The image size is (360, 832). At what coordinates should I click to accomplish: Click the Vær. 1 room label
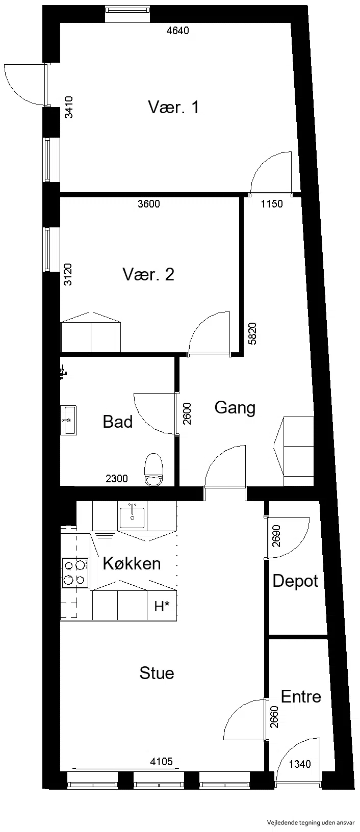pyautogui.click(x=173, y=107)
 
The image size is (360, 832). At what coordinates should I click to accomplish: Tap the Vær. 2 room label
pyautogui.click(x=148, y=274)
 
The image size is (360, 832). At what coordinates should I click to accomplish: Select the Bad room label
pyautogui.click(x=117, y=422)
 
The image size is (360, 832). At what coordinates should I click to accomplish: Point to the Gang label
pyautogui.click(x=235, y=408)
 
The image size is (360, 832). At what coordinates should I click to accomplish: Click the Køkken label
pyautogui.click(x=132, y=563)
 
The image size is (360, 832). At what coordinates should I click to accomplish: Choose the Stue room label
pyautogui.click(x=157, y=673)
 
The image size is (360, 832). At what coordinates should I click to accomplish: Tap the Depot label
pyautogui.click(x=295, y=581)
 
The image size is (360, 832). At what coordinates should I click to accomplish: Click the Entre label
pyautogui.click(x=301, y=696)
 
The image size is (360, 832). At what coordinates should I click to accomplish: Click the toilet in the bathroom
pyautogui.click(x=153, y=470)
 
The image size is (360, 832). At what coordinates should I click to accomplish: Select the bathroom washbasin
pyautogui.click(x=69, y=420)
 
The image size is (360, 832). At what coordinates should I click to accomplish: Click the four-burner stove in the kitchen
pyautogui.click(x=75, y=573)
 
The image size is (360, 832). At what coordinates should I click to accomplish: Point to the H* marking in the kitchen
pyautogui.click(x=162, y=607)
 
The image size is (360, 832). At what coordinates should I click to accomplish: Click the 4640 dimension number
pyautogui.click(x=177, y=31)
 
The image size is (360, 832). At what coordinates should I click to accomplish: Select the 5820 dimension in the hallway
pyautogui.click(x=252, y=333)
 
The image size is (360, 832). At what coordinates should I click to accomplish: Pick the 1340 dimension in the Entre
pyautogui.click(x=300, y=761)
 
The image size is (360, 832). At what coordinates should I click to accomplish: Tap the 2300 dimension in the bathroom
pyautogui.click(x=117, y=478)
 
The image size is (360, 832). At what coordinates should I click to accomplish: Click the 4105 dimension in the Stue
pyautogui.click(x=161, y=759)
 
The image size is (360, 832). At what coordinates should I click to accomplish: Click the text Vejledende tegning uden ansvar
pyautogui.click(x=311, y=823)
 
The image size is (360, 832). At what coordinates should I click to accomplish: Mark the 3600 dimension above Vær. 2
pyautogui.click(x=148, y=203)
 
